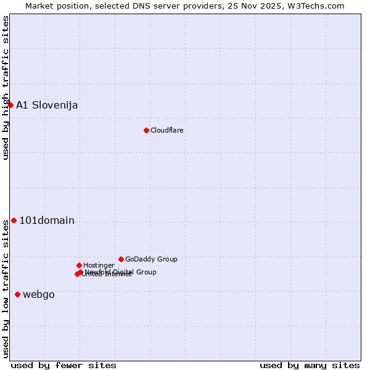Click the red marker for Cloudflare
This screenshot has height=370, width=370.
(146, 130)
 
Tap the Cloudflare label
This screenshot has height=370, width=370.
(167, 130)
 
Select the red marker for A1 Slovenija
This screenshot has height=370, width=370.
(10, 105)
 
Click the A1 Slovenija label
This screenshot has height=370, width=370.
(47, 105)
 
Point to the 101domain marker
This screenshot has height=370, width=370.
(14, 220)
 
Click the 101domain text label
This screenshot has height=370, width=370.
(47, 221)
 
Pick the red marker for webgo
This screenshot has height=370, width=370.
(17, 294)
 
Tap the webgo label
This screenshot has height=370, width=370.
(39, 295)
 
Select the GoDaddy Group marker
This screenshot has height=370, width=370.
(121, 259)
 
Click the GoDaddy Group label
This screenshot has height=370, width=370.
(151, 259)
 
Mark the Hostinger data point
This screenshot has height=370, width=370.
(79, 265)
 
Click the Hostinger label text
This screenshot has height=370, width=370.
(99, 265)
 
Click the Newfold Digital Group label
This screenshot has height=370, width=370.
(121, 271)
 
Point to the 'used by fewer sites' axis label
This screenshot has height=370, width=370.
(64, 365)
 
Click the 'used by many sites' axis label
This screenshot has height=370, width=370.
(310, 365)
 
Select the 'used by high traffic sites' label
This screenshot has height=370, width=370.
(6, 88)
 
